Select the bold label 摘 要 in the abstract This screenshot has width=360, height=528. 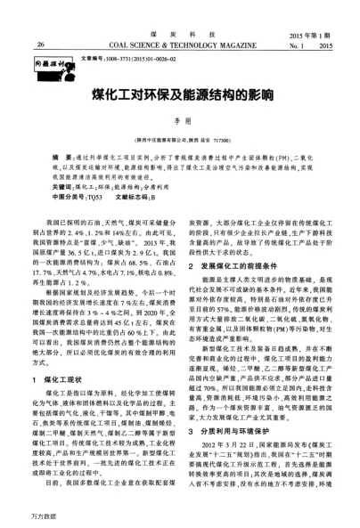[62, 156]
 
